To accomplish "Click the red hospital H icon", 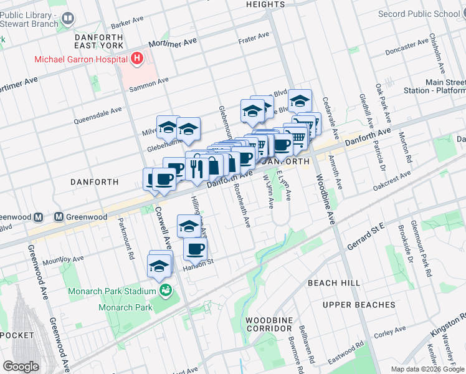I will click(136, 59).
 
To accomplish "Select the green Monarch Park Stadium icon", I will click(165, 290).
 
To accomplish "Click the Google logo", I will click(21, 367).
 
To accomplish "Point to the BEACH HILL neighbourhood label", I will click(333, 282).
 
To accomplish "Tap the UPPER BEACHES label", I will click(358, 305).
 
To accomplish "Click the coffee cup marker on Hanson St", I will click(194, 249).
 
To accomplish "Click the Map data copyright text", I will click(427, 369).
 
